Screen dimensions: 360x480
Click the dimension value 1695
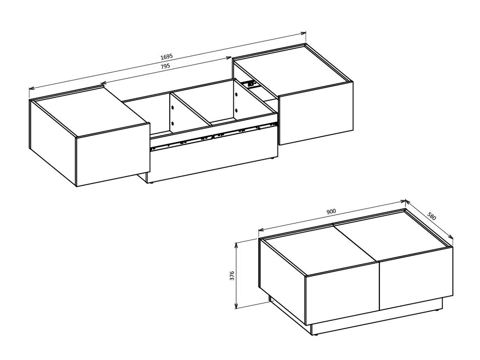pos(166,56)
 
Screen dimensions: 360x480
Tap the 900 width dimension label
pos(331,212)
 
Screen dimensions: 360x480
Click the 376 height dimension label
pos(232,275)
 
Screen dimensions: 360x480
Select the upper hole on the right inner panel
pos(236,95)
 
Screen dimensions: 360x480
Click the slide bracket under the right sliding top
pos(249,83)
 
